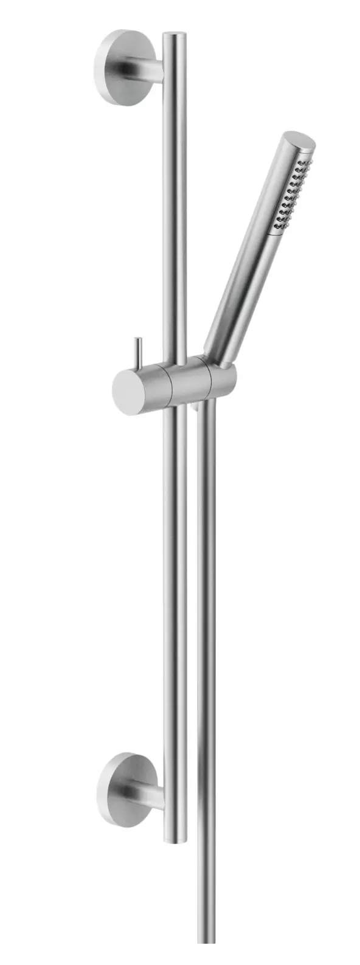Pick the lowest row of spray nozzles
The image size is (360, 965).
click(x=280, y=227)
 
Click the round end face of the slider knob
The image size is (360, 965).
click(x=128, y=392)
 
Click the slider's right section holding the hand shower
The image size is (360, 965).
click(x=223, y=381)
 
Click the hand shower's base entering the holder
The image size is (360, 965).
click(x=217, y=356)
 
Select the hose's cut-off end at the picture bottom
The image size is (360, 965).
click(x=206, y=958)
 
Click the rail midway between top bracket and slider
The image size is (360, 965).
click(x=175, y=213)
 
